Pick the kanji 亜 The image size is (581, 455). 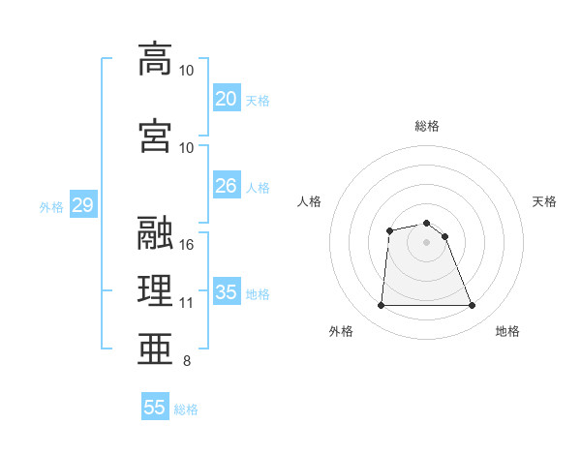(155, 347)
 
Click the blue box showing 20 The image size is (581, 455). (226, 100)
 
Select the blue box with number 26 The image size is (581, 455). (226, 187)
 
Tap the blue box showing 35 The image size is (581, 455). (226, 293)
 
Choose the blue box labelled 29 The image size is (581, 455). (82, 206)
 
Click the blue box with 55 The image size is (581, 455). (155, 408)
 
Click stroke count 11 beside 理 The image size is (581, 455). (187, 303)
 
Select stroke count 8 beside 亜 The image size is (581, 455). (186, 362)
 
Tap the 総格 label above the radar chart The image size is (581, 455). (426, 126)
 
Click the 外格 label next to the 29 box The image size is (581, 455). (50, 207)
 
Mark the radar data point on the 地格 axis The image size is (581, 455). (473, 306)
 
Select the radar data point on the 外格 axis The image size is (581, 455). (381, 306)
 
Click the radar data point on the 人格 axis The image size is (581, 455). (389, 230)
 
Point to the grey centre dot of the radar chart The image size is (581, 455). (426, 241)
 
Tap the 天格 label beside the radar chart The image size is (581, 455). (545, 201)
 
